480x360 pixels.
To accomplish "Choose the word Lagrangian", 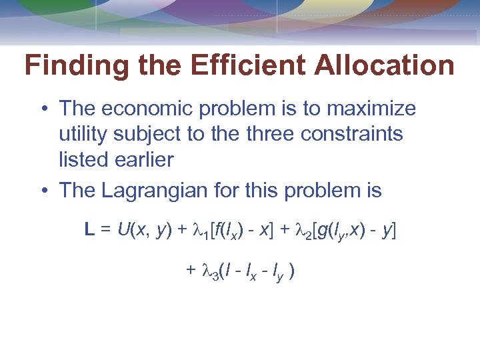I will pos(156,191).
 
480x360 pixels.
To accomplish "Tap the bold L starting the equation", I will pos(89,231).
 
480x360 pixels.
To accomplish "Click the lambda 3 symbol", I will pos(206,273).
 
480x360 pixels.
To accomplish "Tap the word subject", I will pos(153,135).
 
